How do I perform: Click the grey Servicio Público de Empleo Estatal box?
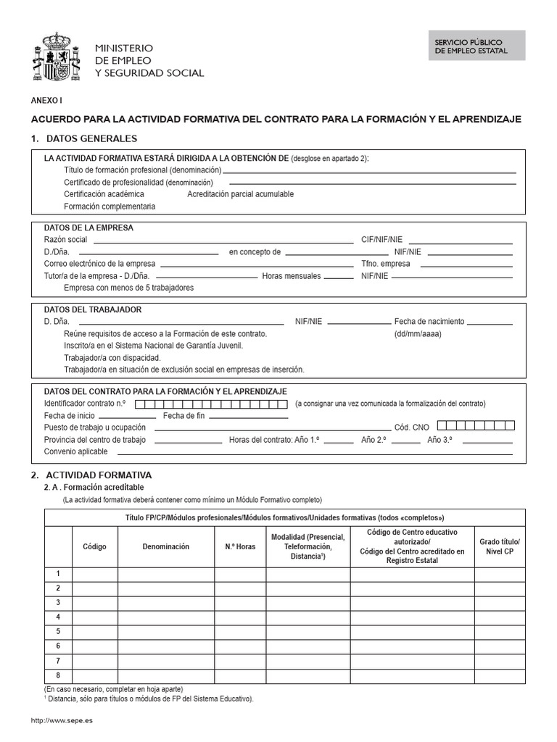[476, 45]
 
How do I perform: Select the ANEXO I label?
[43, 101]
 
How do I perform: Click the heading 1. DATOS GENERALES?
[83, 138]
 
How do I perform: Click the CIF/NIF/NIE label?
[381, 239]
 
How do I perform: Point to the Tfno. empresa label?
[386, 264]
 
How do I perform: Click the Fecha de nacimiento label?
[429, 321]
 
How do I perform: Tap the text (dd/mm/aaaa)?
[418, 333]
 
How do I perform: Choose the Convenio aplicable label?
[75, 451]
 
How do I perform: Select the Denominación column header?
[166, 546]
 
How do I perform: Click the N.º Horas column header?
[240, 546]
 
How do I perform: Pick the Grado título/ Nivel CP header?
[500, 546]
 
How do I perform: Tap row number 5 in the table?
[58, 631]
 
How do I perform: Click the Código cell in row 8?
[95, 675]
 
